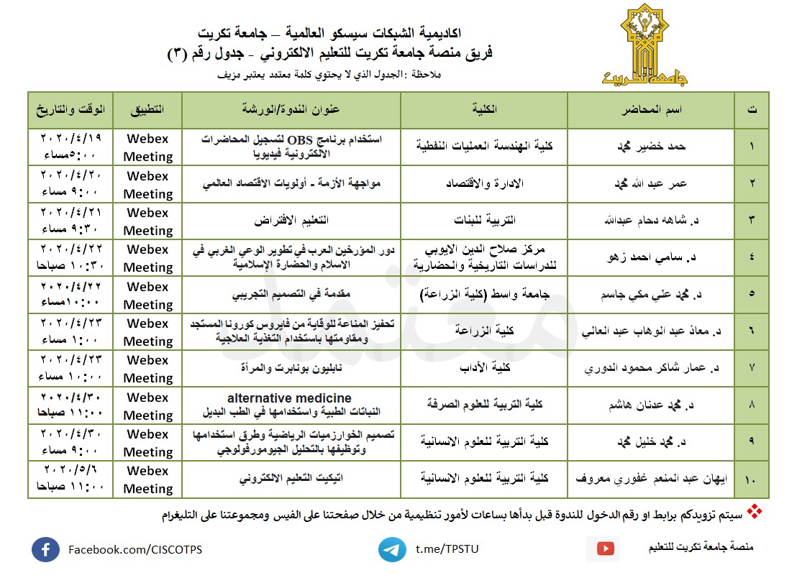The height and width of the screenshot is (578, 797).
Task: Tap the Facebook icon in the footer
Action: pos(45,550)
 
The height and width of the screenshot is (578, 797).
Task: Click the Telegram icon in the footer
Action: pos(392,549)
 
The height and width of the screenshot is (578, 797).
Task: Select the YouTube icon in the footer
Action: pos(608,549)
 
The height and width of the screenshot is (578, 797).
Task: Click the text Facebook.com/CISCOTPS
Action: pos(135,550)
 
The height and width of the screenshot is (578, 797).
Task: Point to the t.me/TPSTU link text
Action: pos(447,549)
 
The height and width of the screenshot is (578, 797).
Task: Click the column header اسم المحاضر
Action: pos(650,110)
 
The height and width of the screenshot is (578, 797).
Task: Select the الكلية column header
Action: pos(483,110)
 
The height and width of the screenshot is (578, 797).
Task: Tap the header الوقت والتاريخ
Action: pos(71,110)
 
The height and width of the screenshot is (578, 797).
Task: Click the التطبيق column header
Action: pos(147,110)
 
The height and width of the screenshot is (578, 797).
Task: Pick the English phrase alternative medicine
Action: pos(289,398)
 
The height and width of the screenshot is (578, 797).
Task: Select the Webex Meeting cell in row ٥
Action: pos(148,295)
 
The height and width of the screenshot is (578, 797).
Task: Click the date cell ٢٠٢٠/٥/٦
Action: pos(71,471)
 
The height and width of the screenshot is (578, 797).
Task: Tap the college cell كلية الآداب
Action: pos(484,368)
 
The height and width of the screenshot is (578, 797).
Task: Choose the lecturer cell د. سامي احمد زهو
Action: pos(652,257)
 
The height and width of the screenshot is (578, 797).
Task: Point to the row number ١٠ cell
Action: pos(752,479)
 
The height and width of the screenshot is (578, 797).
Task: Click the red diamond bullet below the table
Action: pos(755,512)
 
